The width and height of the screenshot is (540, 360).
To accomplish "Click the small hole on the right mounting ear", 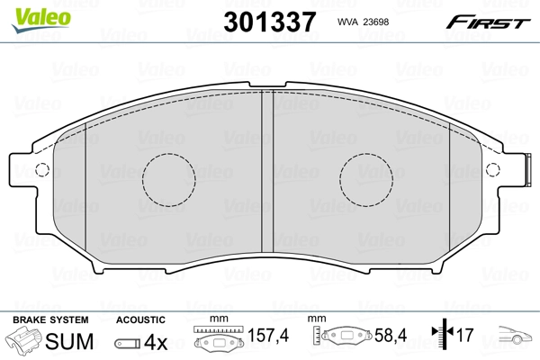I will [x=491, y=170].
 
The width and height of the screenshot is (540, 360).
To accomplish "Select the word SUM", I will [x=68, y=341].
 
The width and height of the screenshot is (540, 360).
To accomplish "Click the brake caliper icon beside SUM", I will [x=26, y=341].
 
